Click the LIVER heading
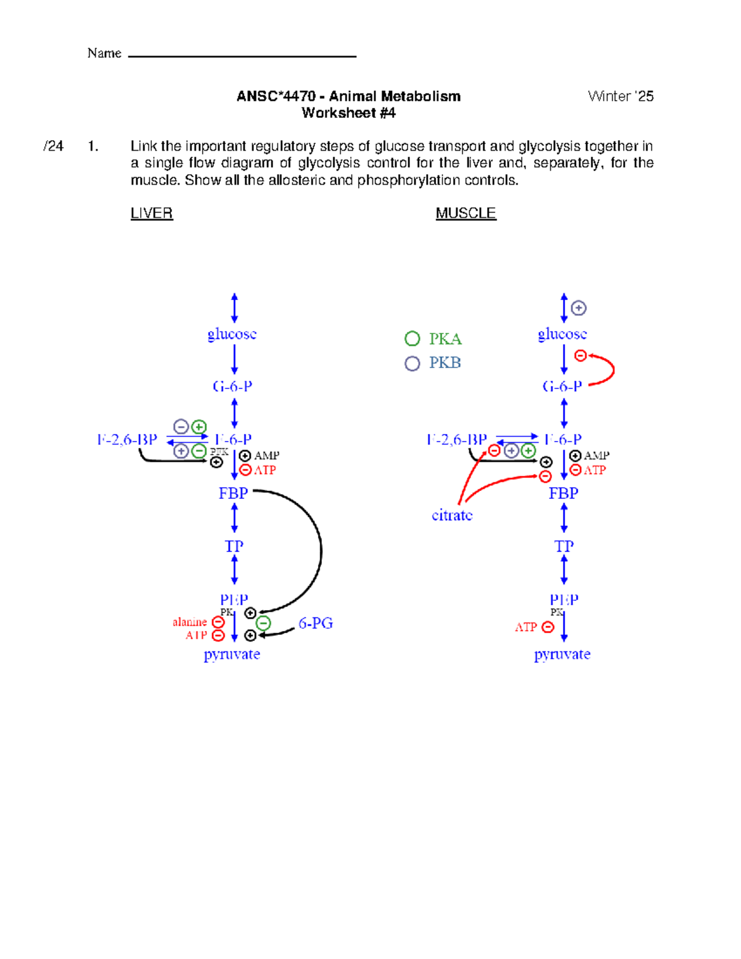click(151, 213)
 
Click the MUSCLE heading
click(466, 213)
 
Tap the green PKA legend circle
click(412, 338)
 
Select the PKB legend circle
click(412, 363)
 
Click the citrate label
click(452, 515)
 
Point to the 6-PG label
click(316, 623)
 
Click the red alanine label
click(190, 622)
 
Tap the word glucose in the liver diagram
click(232, 334)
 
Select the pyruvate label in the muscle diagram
click(562, 654)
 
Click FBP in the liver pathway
click(233, 493)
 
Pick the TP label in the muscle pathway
click(563, 547)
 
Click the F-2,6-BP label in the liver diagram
click(127, 440)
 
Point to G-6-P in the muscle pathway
click(562, 387)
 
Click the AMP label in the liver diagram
click(267, 456)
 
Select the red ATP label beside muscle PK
click(525, 627)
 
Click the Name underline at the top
click(242, 56)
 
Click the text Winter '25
click(620, 96)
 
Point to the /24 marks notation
click(53, 146)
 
